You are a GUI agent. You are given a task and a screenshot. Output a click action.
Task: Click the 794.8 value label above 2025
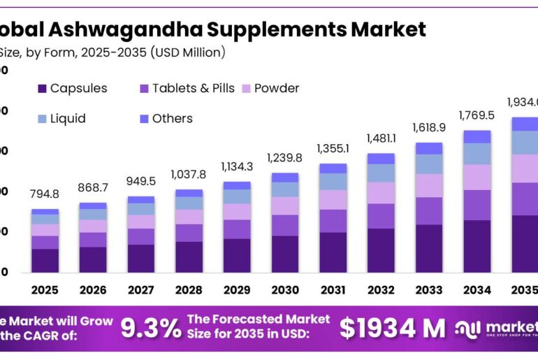click(x=45, y=194)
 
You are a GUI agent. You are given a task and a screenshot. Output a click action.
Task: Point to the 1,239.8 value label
click(x=284, y=158)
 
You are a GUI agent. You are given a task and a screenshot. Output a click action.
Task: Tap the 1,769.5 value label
click(x=477, y=115)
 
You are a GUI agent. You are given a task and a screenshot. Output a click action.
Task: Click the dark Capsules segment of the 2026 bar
click(x=93, y=259)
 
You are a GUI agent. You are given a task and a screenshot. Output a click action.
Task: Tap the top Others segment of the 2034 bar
click(x=477, y=136)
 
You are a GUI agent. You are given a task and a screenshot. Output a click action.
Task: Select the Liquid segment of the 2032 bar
click(x=381, y=173)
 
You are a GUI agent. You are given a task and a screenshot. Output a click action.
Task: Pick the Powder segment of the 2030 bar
click(x=284, y=206)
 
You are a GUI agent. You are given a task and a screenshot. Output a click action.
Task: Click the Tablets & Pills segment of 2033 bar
click(x=429, y=210)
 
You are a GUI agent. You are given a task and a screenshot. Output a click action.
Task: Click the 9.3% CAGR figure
click(x=150, y=327)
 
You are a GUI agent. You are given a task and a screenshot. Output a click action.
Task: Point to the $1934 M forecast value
click(x=392, y=327)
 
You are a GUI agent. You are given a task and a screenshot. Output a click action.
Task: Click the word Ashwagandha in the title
click(x=132, y=29)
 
